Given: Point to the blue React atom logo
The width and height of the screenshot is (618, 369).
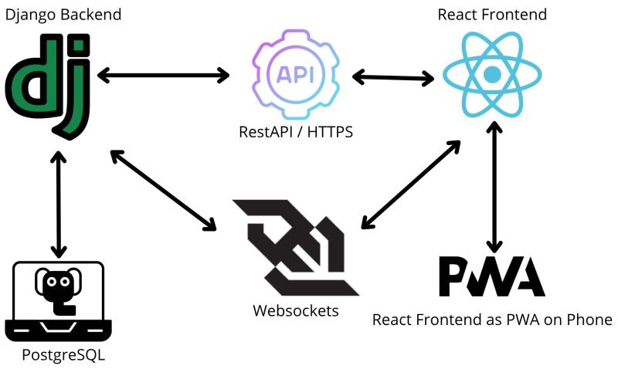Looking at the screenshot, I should pos(487,75).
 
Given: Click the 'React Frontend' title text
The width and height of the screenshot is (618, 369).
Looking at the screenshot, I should pos(492,15).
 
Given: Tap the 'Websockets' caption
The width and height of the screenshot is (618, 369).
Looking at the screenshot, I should pos(296,310).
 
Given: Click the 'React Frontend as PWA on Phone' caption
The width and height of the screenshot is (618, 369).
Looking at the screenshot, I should pos(492,320).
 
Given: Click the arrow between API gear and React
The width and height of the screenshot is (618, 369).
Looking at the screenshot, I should pos(392,77).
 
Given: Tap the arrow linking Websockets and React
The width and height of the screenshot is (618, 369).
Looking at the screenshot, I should pos(410,184).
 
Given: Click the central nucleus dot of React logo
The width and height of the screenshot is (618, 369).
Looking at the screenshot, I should pos(487,75).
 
